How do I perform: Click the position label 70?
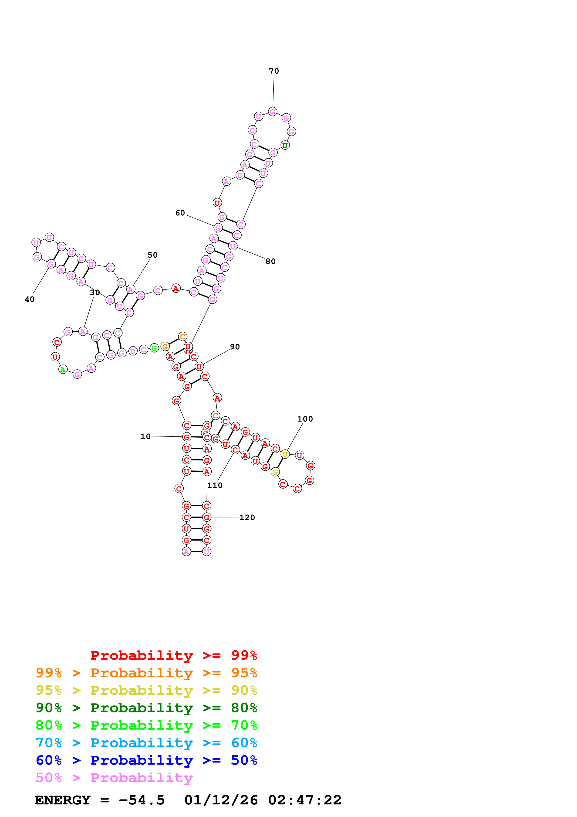click(274, 71)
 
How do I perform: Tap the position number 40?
click(30, 299)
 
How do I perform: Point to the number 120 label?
click(247, 517)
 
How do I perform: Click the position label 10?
click(145, 436)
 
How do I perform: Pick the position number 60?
click(180, 213)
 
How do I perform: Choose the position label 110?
click(215, 485)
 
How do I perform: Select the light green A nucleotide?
click(63, 369)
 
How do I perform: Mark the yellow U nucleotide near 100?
click(285, 454)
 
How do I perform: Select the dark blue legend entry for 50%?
click(146, 760)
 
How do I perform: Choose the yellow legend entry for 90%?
click(146, 690)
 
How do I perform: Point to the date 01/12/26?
click(221, 800)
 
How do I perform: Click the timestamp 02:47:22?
click(305, 800)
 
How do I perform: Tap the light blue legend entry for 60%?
click(146, 743)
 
